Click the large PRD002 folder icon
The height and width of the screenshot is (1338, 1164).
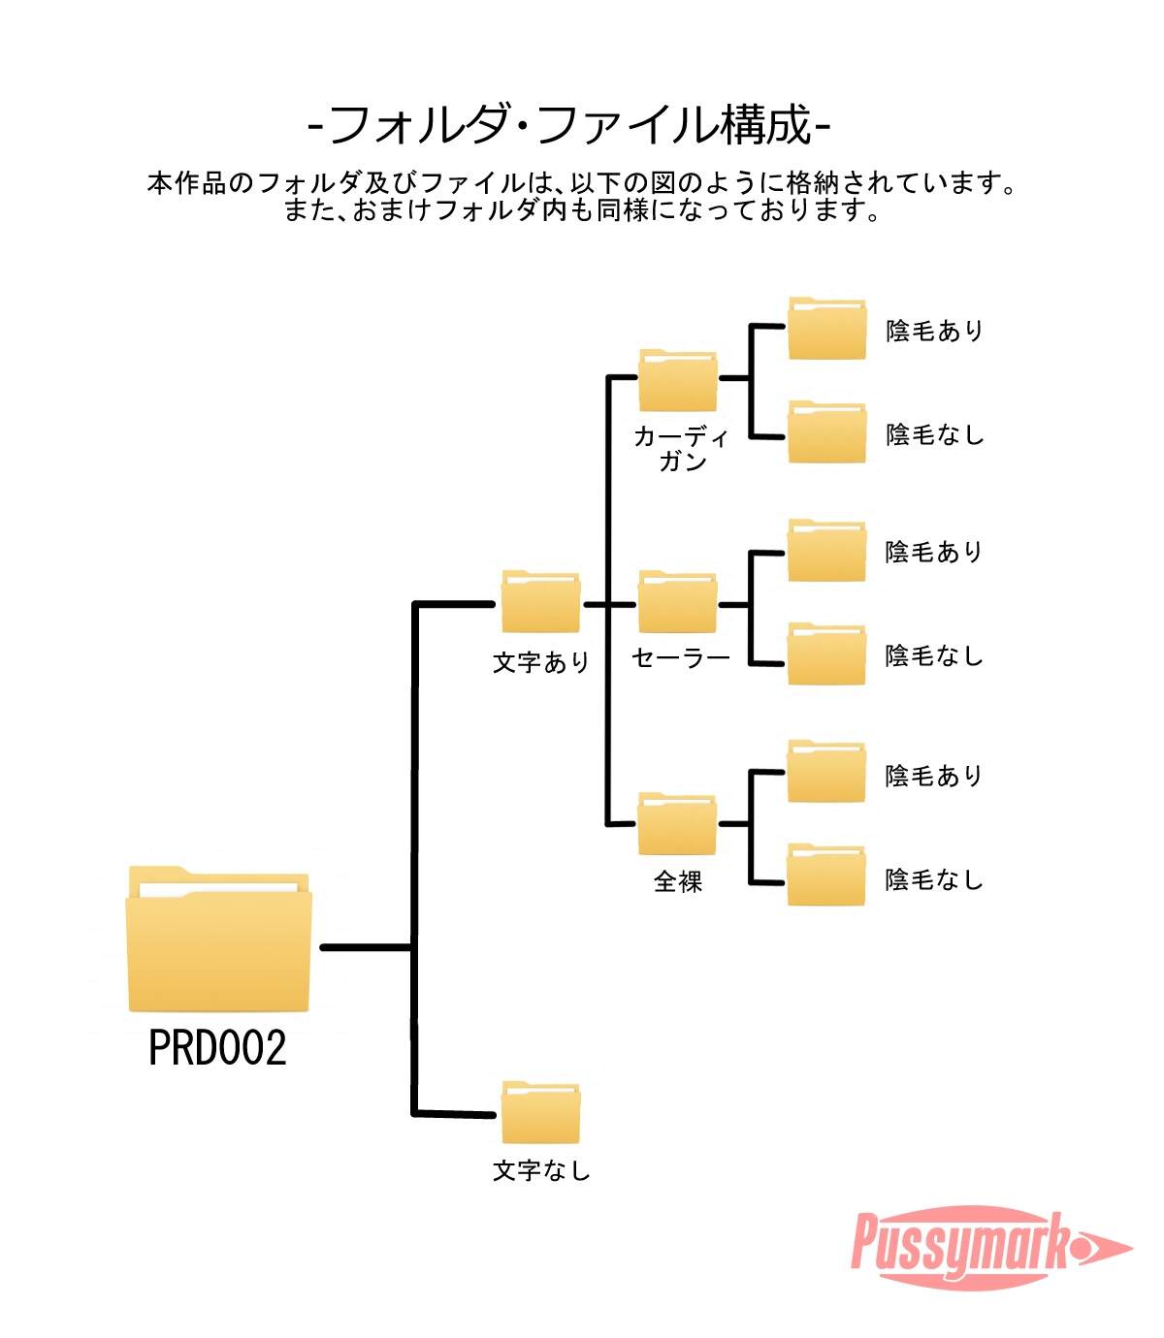(219, 940)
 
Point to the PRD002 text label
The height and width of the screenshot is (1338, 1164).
(217, 1049)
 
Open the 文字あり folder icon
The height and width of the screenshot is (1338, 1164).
(540, 602)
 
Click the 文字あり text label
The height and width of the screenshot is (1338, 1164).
(541, 663)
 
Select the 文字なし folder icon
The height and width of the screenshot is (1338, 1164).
(540, 1113)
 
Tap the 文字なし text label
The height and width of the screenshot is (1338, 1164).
(541, 1171)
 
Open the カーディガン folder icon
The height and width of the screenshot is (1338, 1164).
(677, 380)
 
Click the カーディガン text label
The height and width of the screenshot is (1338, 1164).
(681, 449)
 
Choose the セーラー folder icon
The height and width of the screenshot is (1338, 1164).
(677, 602)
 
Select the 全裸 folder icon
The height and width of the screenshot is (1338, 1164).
(677, 824)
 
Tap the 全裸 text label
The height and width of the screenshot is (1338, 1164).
(678, 881)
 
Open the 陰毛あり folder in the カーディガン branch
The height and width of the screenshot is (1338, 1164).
(826, 328)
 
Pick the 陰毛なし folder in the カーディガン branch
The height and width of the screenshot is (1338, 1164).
(826, 432)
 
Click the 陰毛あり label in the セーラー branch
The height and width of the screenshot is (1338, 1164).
(934, 553)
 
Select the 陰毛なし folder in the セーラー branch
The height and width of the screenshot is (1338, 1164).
(826, 654)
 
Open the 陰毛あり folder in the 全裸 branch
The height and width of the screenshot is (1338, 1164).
(826, 772)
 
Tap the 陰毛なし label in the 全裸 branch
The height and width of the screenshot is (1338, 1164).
(934, 880)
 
